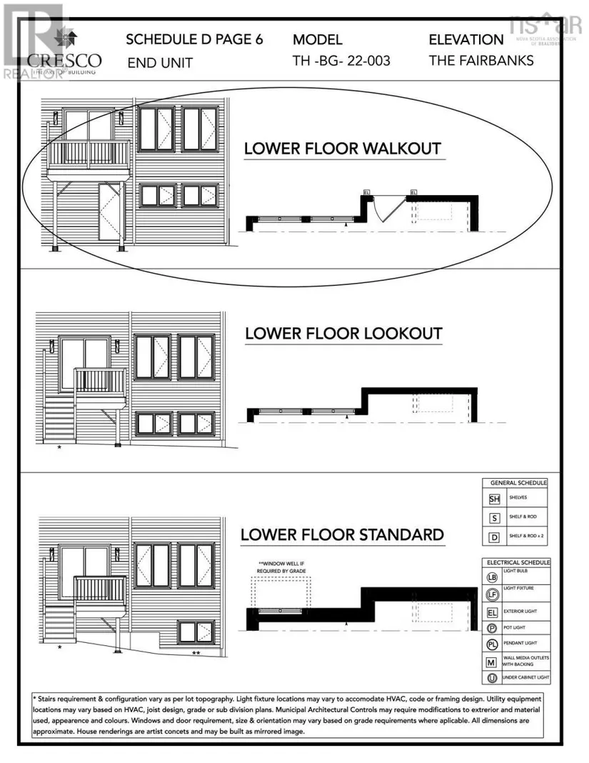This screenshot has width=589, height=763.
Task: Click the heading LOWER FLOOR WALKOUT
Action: (342, 149)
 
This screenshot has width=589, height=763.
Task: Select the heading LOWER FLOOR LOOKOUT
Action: (343, 334)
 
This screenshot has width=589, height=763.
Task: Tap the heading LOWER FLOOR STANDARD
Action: (342, 534)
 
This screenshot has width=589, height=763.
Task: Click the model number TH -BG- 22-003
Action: (341, 61)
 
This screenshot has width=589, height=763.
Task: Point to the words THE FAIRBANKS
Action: (480, 61)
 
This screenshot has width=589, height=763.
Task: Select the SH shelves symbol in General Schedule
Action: (493, 499)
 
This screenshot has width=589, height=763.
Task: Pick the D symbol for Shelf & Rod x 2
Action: (493, 536)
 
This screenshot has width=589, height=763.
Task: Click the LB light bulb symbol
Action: (492, 577)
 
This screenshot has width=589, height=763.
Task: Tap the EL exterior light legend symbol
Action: (492, 612)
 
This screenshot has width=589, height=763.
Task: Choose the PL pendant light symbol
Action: (492, 644)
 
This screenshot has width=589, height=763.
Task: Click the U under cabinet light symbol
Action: (492, 677)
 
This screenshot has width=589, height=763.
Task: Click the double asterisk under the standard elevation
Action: (196, 652)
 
